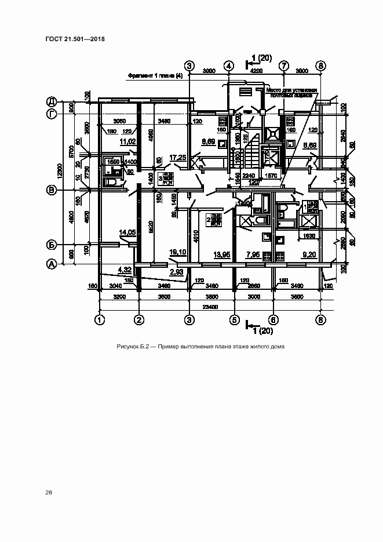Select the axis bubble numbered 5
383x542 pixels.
(x=235, y=319)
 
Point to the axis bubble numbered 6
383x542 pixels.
(x=274, y=319)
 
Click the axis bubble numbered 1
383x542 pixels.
(x=100, y=319)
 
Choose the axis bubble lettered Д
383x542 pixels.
(x=51, y=101)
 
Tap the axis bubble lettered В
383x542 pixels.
(x=51, y=190)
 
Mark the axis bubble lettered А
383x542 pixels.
(x=51, y=264)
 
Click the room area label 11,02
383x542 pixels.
(x=127, y=141)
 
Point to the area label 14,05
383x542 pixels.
(x=127, y=232)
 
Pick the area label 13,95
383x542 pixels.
(x=222, y=254)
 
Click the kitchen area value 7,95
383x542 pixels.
(x=253, y=254)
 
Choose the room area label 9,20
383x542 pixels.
(x=309, y=254)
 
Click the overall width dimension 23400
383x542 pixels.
(x=210, y=307)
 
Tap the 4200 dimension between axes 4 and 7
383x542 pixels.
(x=256, y=71)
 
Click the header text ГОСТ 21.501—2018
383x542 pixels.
(x=75, y=40)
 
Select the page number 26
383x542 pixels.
(x=49, y=493)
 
